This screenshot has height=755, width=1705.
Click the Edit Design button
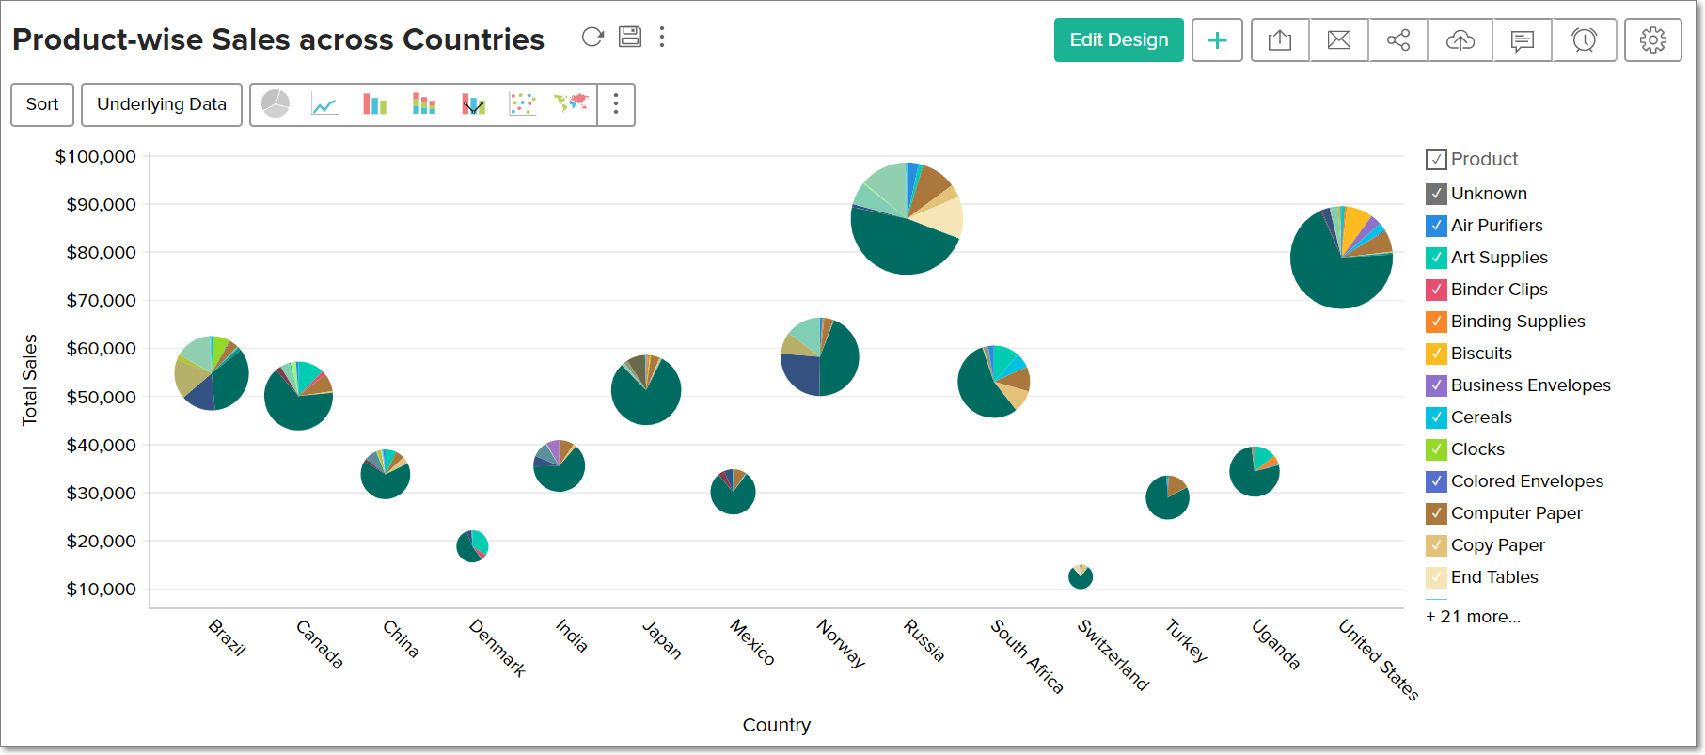tap(1118, 40)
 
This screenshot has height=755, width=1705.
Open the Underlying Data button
tap(162, 104)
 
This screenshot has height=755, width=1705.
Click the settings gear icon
tap(1652, 40)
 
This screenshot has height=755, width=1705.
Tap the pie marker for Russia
tap(907, 218)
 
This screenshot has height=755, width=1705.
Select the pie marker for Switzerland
tap(1081, 576)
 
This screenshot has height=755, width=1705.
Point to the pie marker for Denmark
tap(472, 545)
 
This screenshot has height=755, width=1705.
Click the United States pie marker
tap(1341, 257)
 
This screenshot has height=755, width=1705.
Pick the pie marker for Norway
tap(820, 356)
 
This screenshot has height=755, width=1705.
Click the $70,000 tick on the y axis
tap(102, 301)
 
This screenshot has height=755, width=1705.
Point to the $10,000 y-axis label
tap(102, 590)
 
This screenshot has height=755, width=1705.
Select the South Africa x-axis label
tap(1027, 657)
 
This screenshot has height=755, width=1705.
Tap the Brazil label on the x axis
tap(227, 637)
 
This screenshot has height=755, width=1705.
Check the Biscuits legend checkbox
tap(1436, 354)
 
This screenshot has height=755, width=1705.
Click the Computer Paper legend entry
tap(1516, 513)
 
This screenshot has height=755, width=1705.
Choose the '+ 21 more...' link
tap(1473, 617)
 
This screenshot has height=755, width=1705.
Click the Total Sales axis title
tap(30, 380)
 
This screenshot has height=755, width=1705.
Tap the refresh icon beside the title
tap(592, 37)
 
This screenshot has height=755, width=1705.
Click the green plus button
tap(1217, 40)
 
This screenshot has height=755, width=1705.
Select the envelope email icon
tap(1339, 40)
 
